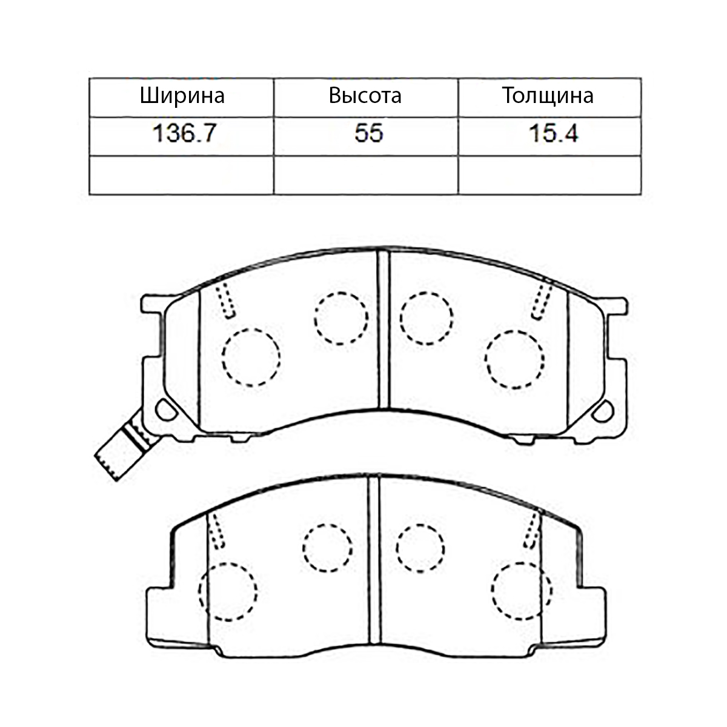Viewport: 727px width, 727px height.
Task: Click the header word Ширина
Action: [182, 96]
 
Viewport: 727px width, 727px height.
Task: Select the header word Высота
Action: [365, 96]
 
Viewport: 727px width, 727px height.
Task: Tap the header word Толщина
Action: [548, 96]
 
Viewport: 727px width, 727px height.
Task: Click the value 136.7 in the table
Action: [184, 133]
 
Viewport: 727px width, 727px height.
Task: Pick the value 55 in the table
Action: [368, 133]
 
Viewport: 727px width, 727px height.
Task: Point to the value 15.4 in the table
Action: [553, 133]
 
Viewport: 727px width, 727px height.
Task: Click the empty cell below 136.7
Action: [182, 175]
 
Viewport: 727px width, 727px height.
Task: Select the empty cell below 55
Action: [366, 175]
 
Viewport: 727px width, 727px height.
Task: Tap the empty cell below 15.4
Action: [549, 175]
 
